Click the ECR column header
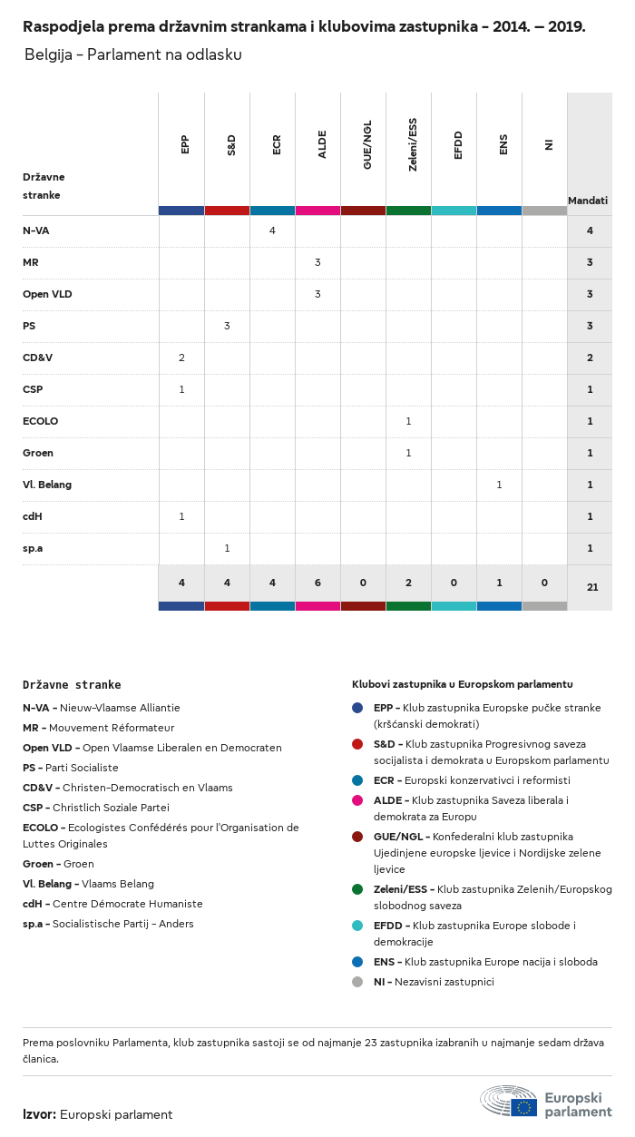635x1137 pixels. (x=276, y=144)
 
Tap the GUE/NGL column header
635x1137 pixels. (x=367, y=144)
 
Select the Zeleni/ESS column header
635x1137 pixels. (x=412, y=144)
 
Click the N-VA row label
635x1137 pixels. (x=36, y=230)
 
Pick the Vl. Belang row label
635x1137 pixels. (x=47, y=485)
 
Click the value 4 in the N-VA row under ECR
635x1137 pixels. (x=272, y=230)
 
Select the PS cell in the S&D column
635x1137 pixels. (x=227, y=326)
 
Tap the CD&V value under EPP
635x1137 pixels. (x=181, y=358)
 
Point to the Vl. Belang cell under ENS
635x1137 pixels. (x=499, y=485)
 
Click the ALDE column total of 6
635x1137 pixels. (x=317, y=583)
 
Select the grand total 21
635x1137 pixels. (x=592, y=587)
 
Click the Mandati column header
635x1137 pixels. (x=588, y=201)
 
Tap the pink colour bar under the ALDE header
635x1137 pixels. (x=317, y=211)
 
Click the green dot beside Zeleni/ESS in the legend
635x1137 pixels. (x=357, y=889)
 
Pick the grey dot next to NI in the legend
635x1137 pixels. (x=357, y=982)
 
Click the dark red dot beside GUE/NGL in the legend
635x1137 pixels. (x=357, y=837)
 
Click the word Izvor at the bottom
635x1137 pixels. (x=39, y=1114)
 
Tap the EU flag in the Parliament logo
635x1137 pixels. (x=523, y=1108)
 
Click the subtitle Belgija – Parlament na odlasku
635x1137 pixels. (x=133, y=54)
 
